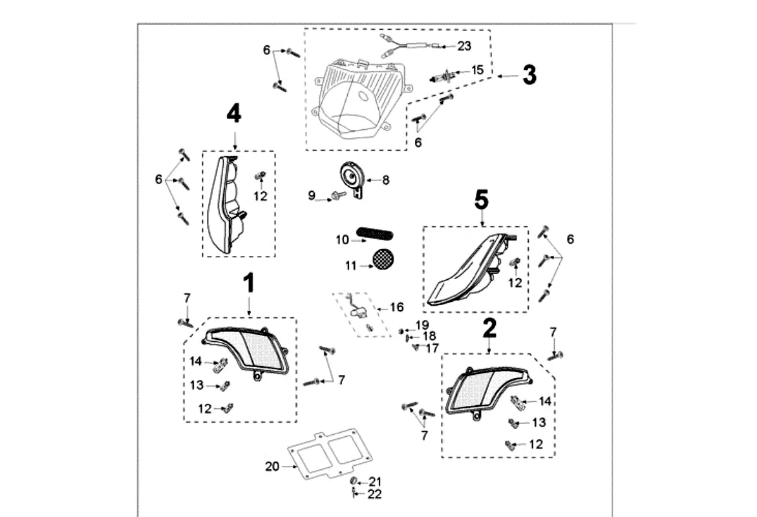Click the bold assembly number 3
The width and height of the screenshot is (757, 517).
coord(529,75)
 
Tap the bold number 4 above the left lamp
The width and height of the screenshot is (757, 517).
coord(233,114)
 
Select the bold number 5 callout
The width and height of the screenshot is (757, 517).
coord(482,200)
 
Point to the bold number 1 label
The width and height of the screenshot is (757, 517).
coord(249,284)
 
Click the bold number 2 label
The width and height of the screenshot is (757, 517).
coord(489,328)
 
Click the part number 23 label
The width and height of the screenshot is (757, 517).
coord(464,46)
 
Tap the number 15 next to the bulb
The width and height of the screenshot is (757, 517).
coord(477,70)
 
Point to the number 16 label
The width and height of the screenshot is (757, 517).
coord(396,307)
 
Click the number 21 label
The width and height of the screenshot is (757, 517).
coord(376,481)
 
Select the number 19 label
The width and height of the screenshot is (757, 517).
coord(422,324)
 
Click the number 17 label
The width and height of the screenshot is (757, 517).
coord(432,348)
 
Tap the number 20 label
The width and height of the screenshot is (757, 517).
coord(272,465)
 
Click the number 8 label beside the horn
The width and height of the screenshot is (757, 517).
coord(386,180)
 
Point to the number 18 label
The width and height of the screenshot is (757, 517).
coord(429,336)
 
